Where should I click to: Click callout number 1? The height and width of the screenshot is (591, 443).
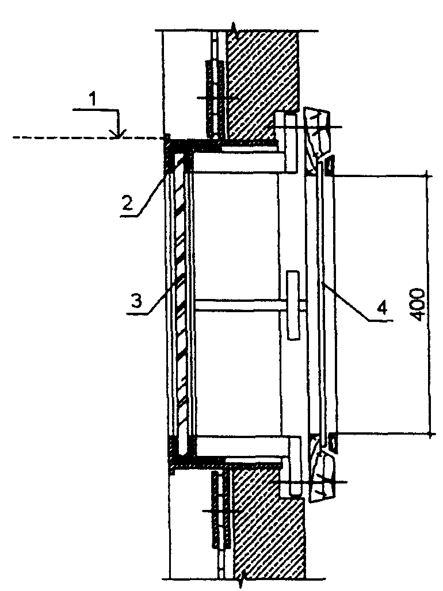[x=94, y=99]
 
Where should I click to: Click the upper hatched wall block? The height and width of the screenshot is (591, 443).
[x=262, y=80]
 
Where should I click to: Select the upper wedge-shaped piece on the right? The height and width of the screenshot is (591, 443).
[x=318, y=134]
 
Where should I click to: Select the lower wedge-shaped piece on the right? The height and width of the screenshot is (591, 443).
[x=322, y=474]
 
